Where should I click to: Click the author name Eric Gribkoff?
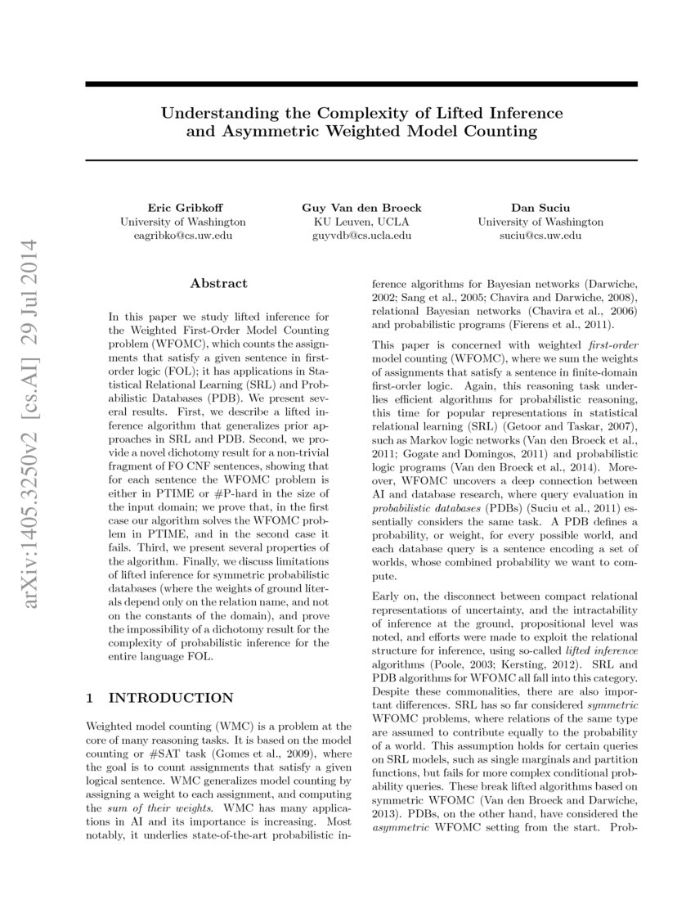tap(182, 209)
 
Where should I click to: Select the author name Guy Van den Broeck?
tap(361, 209)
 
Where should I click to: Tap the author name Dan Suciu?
tap(540, 209)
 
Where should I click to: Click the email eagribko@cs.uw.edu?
tap(182, 236)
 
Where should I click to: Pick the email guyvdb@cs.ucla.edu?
tap(361, 236)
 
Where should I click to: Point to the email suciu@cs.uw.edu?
tap(540, 236)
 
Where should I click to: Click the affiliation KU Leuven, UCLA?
tap(361, 222)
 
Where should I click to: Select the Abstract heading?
tap(218, 283)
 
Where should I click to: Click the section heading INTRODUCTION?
tap(171, 698)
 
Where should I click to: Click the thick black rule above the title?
tap(361, 84)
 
